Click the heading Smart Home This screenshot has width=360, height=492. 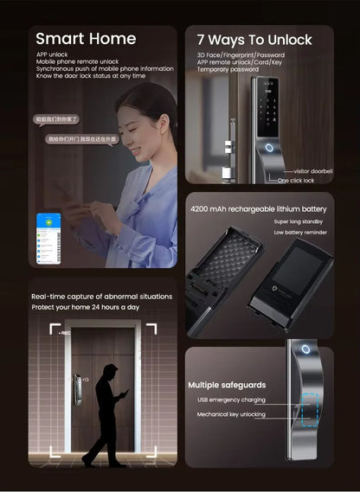point(86,39)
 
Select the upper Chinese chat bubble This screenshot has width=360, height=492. point(56,118)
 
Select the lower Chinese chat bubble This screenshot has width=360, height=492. point(81,138)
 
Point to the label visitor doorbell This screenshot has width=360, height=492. point(312,171)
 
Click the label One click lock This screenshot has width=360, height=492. point(296,181)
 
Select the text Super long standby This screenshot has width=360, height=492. point(299,222)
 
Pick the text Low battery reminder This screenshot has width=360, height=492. point(300,233)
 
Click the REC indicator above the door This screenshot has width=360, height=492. point(65,331)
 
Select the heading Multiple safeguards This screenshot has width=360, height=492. point(227,385)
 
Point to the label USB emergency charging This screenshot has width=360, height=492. point(231,400)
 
